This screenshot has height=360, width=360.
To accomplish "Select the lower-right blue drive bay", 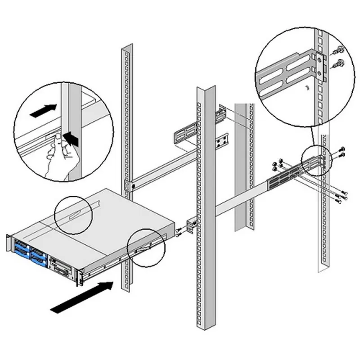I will [x=39, y=261].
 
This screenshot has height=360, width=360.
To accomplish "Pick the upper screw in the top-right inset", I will [x=339, y=50].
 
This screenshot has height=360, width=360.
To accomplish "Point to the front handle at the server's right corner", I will [x=80, y=277].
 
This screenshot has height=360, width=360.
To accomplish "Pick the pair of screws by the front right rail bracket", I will [x=179, y=233].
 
